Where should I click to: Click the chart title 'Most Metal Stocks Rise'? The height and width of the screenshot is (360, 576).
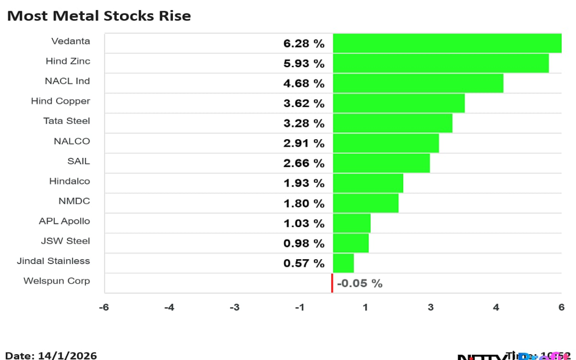click(99, 16)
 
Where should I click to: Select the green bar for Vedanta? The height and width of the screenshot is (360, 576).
click(447, 43)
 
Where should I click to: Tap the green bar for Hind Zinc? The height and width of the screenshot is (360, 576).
click(441, 63)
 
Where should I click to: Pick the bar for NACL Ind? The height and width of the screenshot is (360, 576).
click(418, 83)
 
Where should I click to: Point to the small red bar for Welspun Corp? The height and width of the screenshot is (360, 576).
click(332, 283)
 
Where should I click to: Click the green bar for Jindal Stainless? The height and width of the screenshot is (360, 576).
click(343, 263)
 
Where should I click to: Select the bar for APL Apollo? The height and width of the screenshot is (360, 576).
click(351, 223)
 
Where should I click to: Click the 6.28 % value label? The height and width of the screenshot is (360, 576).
click(303, 44)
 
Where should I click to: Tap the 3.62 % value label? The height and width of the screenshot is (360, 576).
click(303, 103)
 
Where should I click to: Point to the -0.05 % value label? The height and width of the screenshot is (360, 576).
click(359, 284)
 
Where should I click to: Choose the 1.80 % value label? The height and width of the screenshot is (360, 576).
click(303, 204)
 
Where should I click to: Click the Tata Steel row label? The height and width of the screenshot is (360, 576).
click(67, 121)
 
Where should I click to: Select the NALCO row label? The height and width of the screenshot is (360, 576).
click(71, 141)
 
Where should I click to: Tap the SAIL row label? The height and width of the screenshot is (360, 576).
click(78, 161)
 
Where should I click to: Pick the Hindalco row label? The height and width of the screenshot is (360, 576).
click(69, 181)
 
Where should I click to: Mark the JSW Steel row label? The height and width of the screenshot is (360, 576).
click(65, 241)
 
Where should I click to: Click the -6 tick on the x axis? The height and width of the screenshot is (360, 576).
click(105, 308)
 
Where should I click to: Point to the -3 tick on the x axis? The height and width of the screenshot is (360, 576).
click(234, 308)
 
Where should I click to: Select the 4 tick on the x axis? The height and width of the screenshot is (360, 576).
click(496, 308)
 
